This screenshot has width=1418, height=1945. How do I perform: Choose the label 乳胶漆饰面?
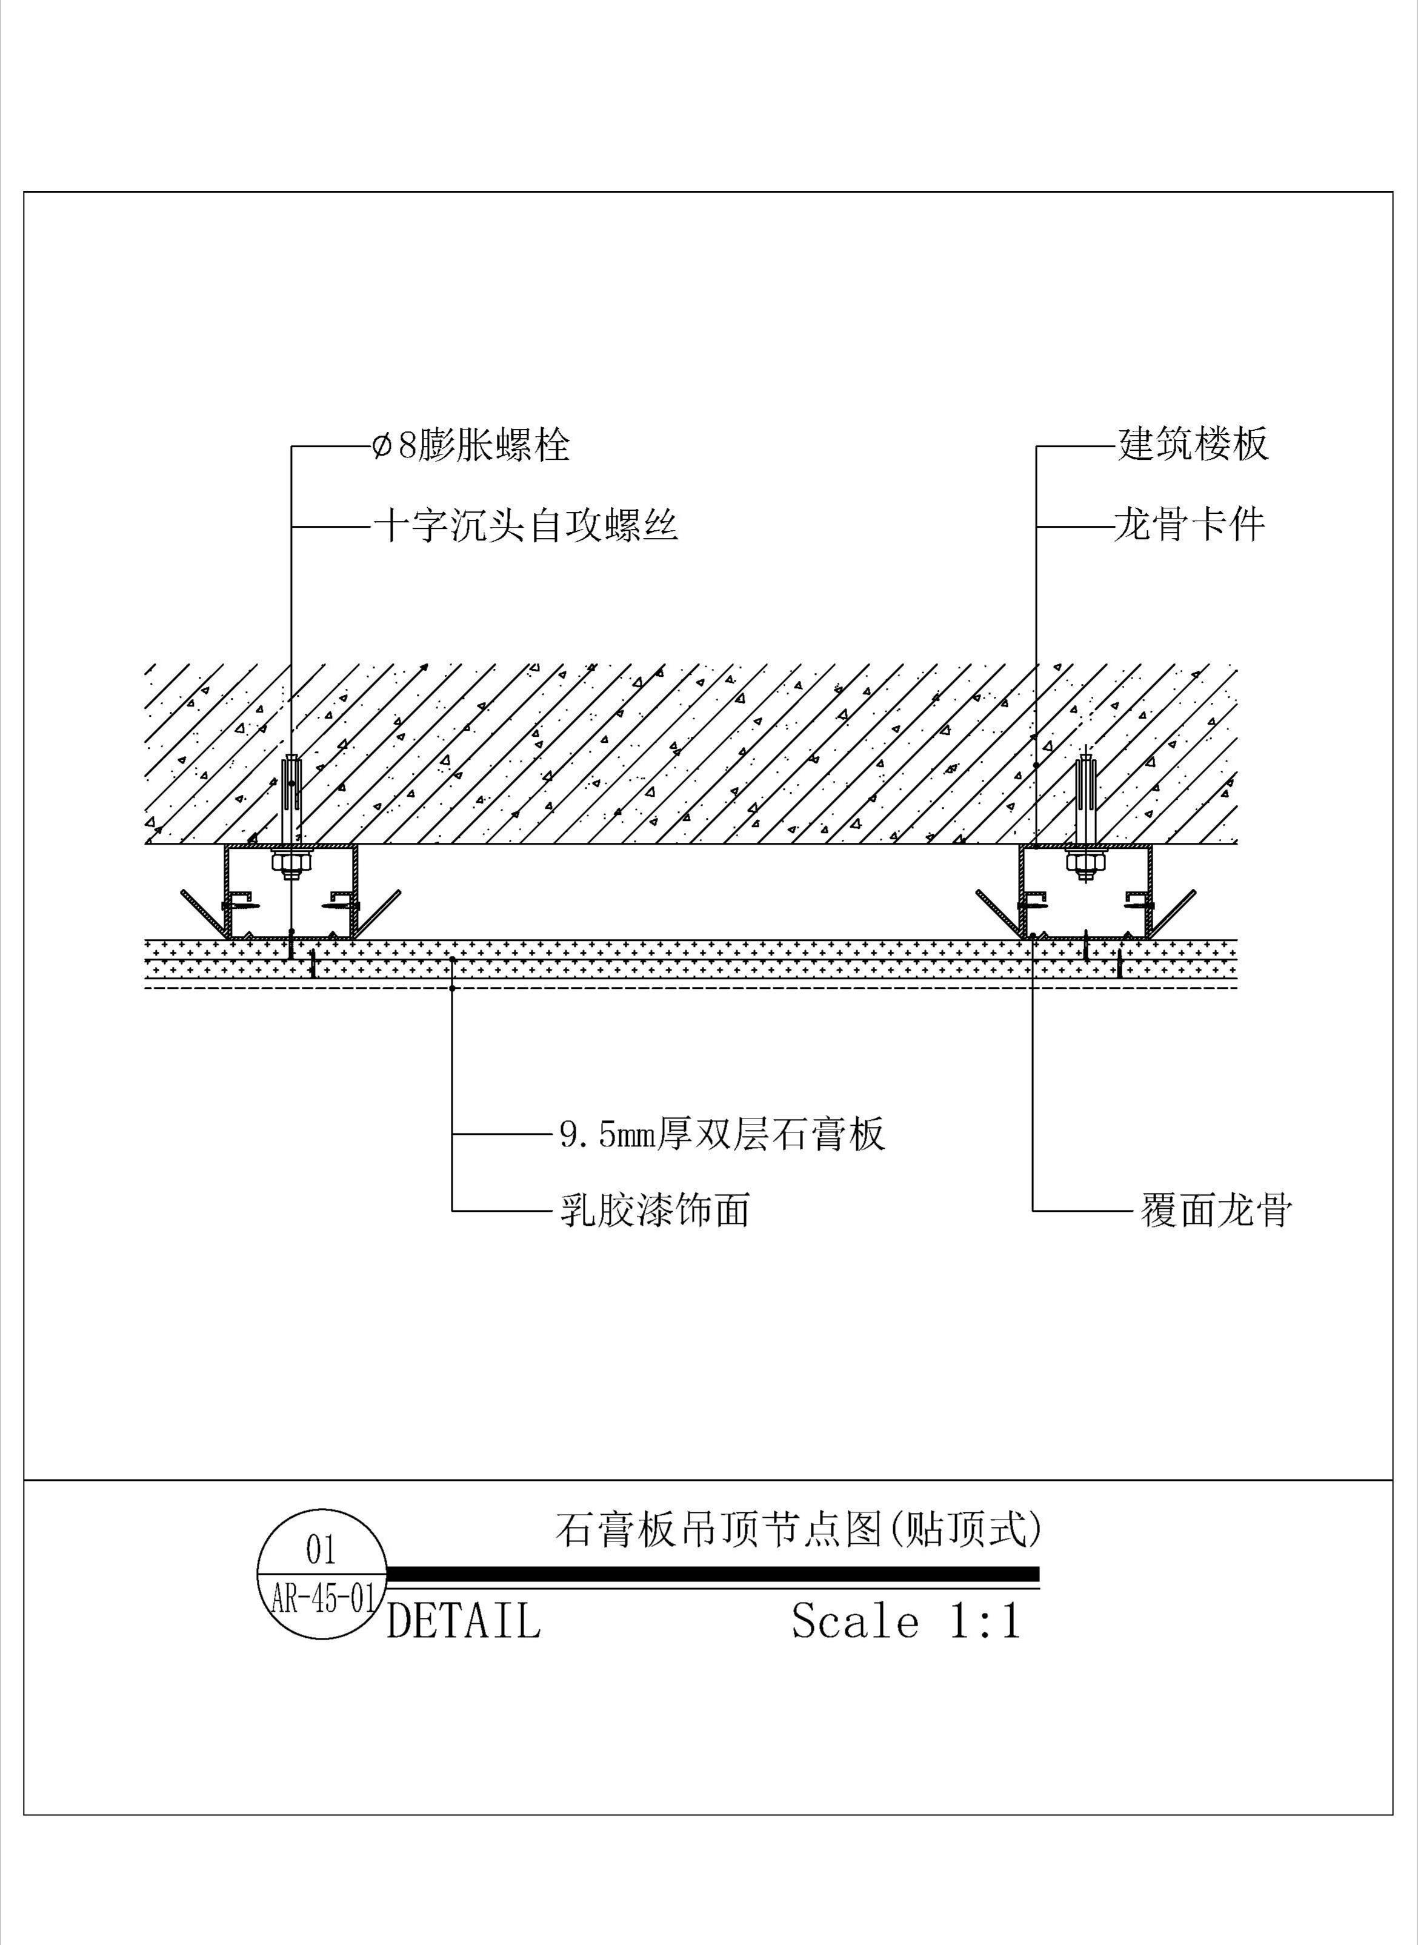655,1210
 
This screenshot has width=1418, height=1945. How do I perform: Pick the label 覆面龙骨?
1216,1210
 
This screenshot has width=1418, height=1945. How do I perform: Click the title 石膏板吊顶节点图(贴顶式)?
798,1529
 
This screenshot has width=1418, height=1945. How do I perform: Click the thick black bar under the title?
713,1574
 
